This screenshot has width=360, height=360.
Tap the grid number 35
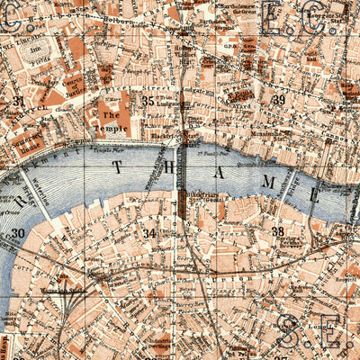148,101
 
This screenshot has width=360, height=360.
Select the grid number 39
279,100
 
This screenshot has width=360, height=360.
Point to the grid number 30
18,233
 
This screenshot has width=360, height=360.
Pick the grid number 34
150,233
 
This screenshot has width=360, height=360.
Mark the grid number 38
279,231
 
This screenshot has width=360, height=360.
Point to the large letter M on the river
277,185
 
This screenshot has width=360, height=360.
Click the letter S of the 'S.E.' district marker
289,330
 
